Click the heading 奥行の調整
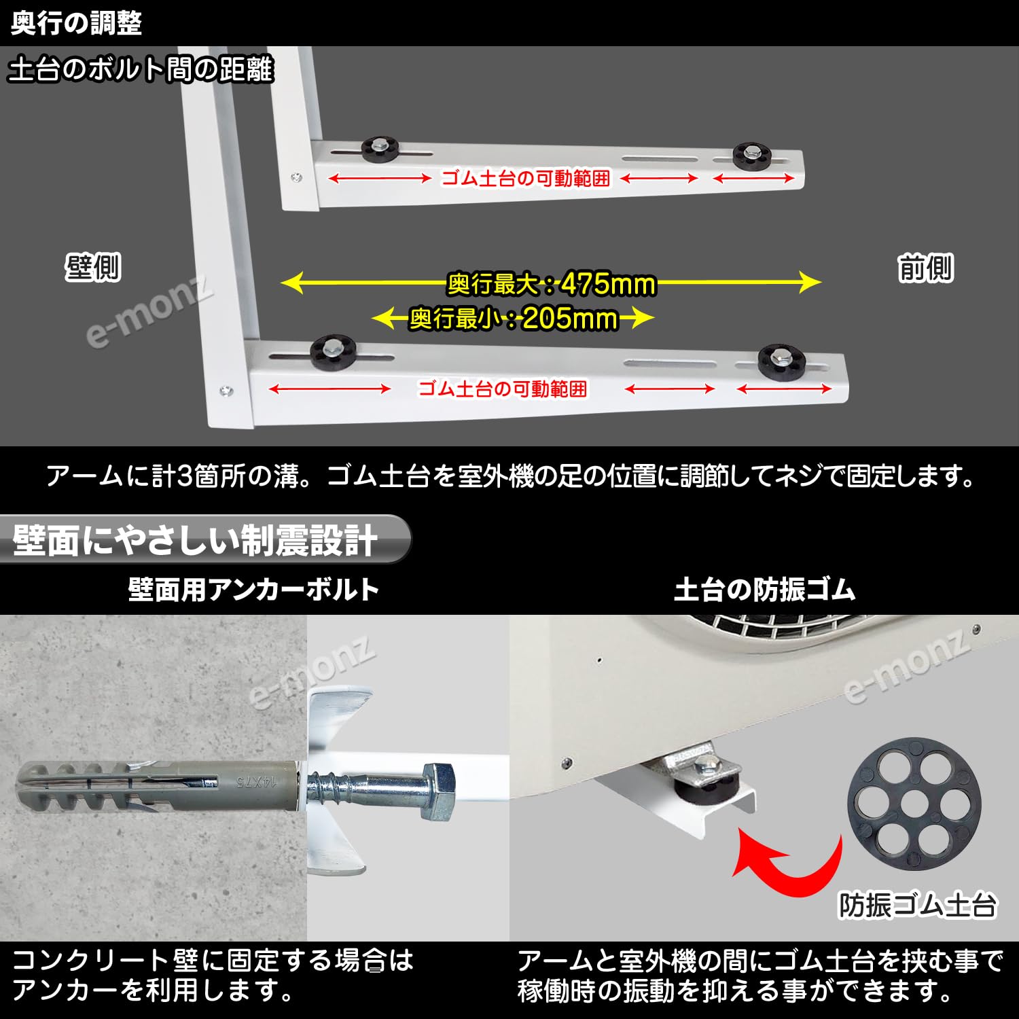(76, 23)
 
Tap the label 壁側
(93, 267)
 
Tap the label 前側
(925, 268)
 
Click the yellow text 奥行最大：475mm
(552, 283)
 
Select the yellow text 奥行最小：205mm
(514, 318)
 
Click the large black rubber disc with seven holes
(914, 806)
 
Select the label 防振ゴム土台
(917, 905)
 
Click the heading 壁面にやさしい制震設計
(194, 541)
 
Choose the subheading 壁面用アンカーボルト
(253, 589)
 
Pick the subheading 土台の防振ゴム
(764, 589)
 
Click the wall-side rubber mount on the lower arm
(333, 352)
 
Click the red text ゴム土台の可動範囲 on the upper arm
(526, 179)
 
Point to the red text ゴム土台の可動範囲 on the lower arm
(503, 389)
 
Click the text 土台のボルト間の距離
(141, 70)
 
